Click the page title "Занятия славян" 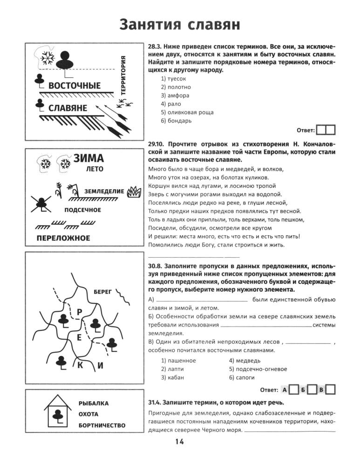[x=180, y=24]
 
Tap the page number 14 [x=180, y=442]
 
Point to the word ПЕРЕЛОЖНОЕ [x=64, y=238]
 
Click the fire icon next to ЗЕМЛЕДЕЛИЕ [x=135, y=191]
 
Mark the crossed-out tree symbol [x=42, y=203]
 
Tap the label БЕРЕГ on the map [x=103, y=292]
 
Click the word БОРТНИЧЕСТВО [x=102, y=425]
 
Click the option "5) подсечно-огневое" [x=258, y=369]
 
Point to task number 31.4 [x=154, y=403]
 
